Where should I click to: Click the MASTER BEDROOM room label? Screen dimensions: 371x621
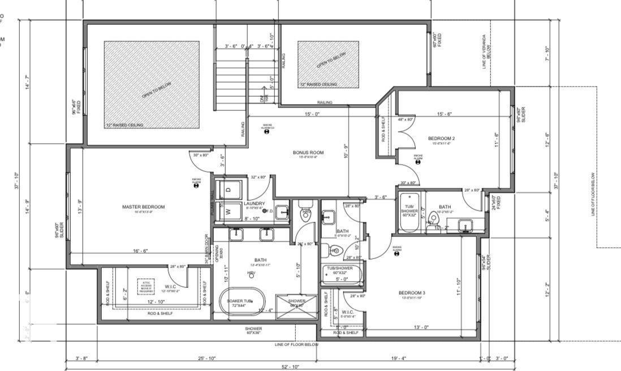tap(144, 207)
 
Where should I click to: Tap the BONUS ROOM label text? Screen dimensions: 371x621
tap(308, 153)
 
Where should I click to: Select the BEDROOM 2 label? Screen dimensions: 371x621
tap(441, 139)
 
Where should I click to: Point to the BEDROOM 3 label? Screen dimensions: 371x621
tap(412, 292)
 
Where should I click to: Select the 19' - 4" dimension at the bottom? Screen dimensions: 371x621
tap(399, 357)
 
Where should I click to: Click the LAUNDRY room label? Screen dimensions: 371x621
tap(255, 204)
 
